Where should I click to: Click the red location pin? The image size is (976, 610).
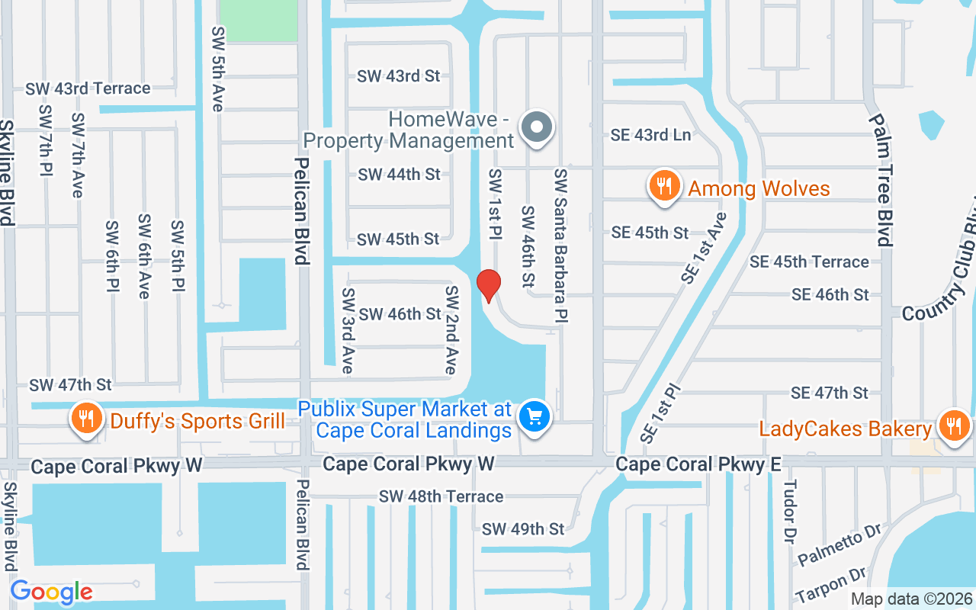click(x=488, y=285)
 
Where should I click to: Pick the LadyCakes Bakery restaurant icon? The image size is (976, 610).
click(x=953, y=426)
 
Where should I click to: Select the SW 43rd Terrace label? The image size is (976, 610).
click(x=88, y=88)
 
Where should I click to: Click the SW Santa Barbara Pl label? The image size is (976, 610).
click(x=561, y=244)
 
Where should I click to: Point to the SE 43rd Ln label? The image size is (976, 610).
click(x=651, y=135)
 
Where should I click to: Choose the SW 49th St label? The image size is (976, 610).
click(x=523, y=528)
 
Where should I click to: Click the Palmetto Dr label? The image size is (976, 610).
click(x=840, y=545)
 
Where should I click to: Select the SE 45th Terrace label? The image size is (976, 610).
click(x=809, y=262)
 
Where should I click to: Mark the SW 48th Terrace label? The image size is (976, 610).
click(x=441, y=496)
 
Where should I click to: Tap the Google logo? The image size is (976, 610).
click(x=51, y=592)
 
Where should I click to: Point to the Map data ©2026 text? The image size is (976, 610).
click(x=912, y=599)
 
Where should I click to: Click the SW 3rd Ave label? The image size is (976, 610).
click(x=348, y=330)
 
